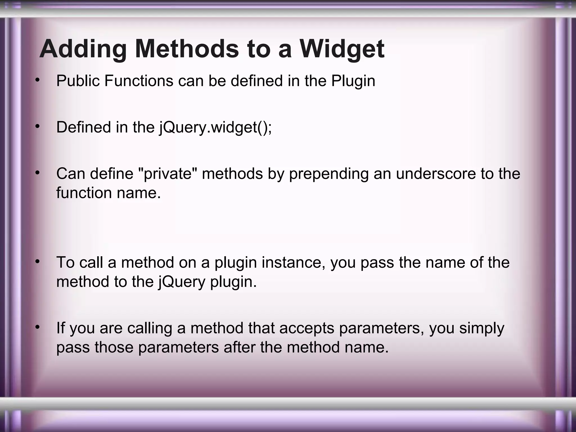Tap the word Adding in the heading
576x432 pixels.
pos(84,49)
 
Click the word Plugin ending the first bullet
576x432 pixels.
pos(353,81)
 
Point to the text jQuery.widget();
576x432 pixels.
pos(215,127)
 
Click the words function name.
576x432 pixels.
pos(108,193)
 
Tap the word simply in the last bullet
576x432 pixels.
pos(482,328)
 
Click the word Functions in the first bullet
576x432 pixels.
pos(139,81)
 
